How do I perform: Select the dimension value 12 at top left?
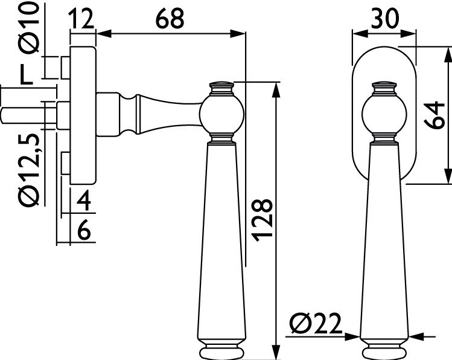click(x=82, y=19)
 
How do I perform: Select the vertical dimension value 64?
click(x=432, y=115)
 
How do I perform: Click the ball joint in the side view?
click(x=221, y=115)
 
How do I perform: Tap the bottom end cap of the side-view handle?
click(x=221, y=352)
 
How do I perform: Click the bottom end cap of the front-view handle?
click(x=384, y=352)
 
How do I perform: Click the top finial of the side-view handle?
click(x=221, y=88)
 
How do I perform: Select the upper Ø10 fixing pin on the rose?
click(x=63, y=67)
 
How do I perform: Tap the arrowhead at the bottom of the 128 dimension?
click(x=276, y=353)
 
